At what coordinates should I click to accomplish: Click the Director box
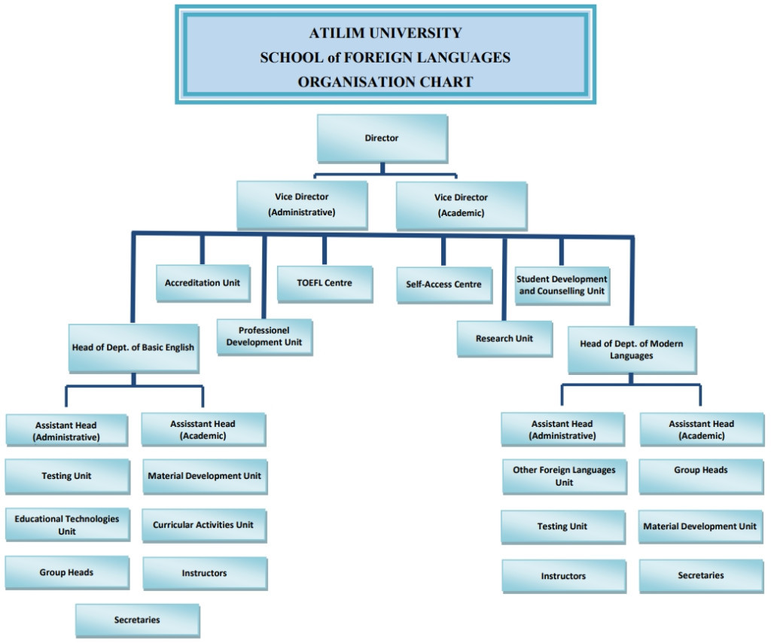(x=382, y=138)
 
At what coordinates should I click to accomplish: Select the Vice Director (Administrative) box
(x=301, y=205)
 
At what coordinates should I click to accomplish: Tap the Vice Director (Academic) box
(x=461, y=205)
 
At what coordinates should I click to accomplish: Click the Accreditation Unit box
(x=203, y=283)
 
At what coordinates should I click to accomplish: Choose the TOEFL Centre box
(x=325, y=283)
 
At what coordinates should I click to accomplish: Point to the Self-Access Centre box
(x=443, y=285)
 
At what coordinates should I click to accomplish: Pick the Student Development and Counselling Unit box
(x=562, y=285)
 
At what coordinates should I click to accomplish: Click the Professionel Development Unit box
(x=264, y=337)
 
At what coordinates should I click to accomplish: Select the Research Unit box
(x=504, y=339)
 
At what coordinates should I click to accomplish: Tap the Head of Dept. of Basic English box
(x=133, y=348)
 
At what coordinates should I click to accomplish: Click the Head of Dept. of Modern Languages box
(x=632, y=349)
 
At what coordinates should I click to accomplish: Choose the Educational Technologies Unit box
(x=67, y=525)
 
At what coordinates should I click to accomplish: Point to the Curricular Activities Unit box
(x=203, y=525)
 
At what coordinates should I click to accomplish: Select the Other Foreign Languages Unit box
(x=564, y=477)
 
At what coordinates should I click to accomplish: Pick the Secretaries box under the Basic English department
(x=137, y=620)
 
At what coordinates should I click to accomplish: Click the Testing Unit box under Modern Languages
(x=562, y=526)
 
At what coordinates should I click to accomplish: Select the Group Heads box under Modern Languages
(x=701, y=470)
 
